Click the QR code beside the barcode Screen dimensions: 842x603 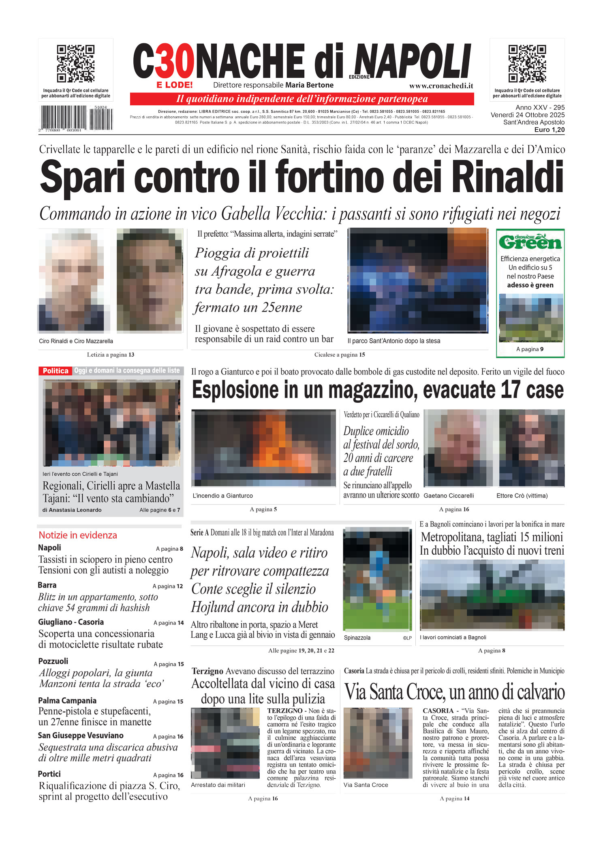click(x=75, y=64)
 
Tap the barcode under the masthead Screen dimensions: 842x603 click(x=76, y=118)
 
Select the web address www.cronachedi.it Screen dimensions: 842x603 click(x=441, y=85)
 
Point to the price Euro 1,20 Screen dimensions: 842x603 click(x=549, y=130)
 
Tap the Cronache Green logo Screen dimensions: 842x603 click(x=530, y=242)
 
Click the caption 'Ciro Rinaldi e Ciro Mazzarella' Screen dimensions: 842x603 click(x=76, y=341)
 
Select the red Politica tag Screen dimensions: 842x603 click(x=56, y=371)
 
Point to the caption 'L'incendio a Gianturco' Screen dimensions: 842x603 click(x=222, y=496)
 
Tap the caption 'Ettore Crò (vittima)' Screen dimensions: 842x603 click(x=522, y=496)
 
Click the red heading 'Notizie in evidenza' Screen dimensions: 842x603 click(x=78, y=535)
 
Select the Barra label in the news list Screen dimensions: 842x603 click(x=47, y=585)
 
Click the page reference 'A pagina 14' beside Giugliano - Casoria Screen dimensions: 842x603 click(x=169, y=623)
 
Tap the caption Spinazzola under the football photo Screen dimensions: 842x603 click(x=357, y=638)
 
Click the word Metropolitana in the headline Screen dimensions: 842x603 click(x=452, y=537)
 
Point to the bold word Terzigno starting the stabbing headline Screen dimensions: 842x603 click(x=207, y=671)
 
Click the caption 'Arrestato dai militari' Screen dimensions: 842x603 click(x=218, y=785)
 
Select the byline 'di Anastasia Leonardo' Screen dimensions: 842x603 click(x=72, y=510)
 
